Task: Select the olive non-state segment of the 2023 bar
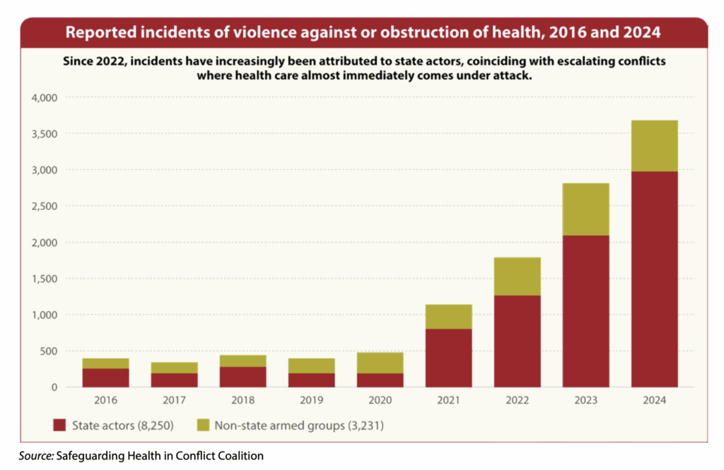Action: (586, 209)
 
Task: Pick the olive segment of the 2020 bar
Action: (380, 363)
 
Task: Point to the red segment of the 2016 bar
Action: (106, 377)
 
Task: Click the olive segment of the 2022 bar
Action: (518, 276)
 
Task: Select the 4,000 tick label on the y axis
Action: (45, 97)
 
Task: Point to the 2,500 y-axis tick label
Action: (45, 206)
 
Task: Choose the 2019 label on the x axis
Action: (311, 400)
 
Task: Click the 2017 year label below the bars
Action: (175, 400)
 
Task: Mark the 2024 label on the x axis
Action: (655, 400)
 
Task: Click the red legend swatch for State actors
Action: (59, 425)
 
